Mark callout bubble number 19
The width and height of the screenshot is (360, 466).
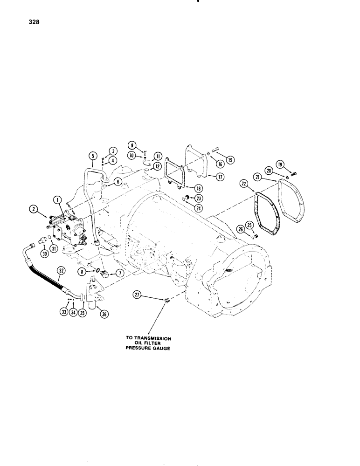[x=293, y=164]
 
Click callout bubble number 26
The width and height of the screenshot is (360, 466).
[x=240, y=228]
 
